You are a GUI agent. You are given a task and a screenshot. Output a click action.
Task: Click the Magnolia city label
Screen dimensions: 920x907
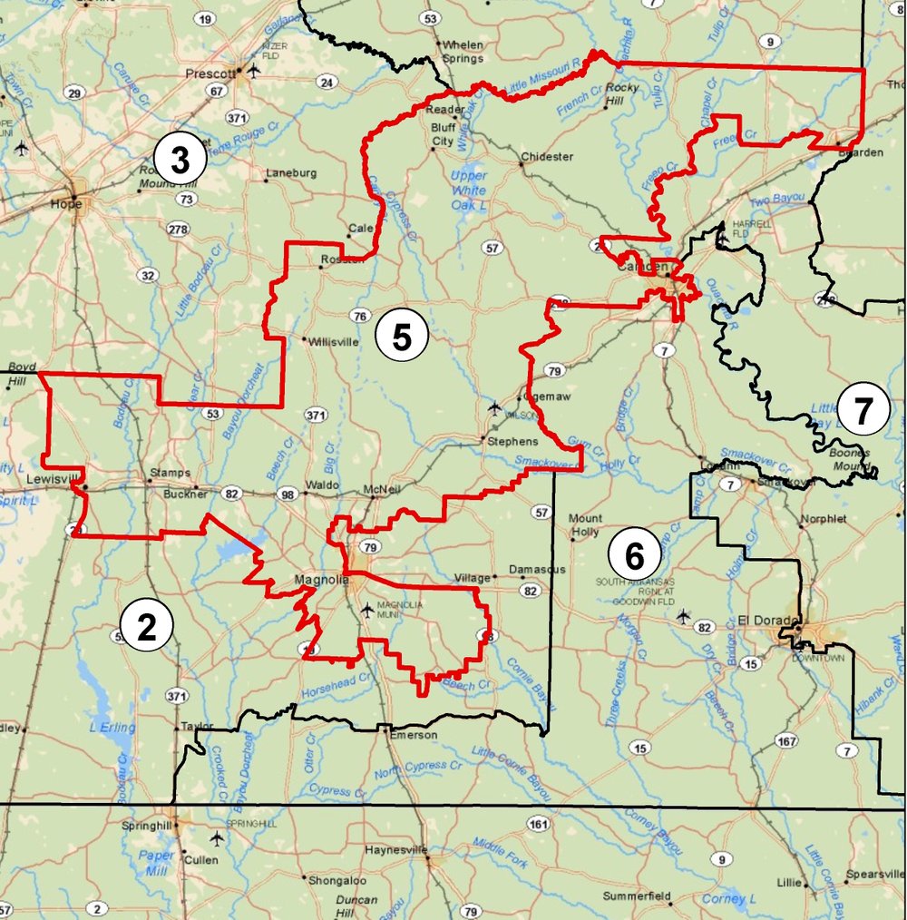point(317,580)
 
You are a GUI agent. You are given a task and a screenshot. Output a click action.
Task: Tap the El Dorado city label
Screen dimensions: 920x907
point(767,620)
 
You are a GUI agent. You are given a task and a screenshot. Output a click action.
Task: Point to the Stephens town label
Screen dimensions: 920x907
point(513,441)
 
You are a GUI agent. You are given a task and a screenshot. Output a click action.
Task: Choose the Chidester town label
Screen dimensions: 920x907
point(547,157)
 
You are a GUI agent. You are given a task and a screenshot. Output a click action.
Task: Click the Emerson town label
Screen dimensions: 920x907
point(413,735)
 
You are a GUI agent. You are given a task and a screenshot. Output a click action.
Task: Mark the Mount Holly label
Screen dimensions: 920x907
point(585,525)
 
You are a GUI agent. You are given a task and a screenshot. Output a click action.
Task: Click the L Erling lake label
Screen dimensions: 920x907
point(112,727)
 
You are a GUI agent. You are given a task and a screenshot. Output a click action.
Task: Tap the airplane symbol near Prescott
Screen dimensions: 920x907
point(253,70)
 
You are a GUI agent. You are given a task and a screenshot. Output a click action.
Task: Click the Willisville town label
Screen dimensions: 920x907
point(334,343)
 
